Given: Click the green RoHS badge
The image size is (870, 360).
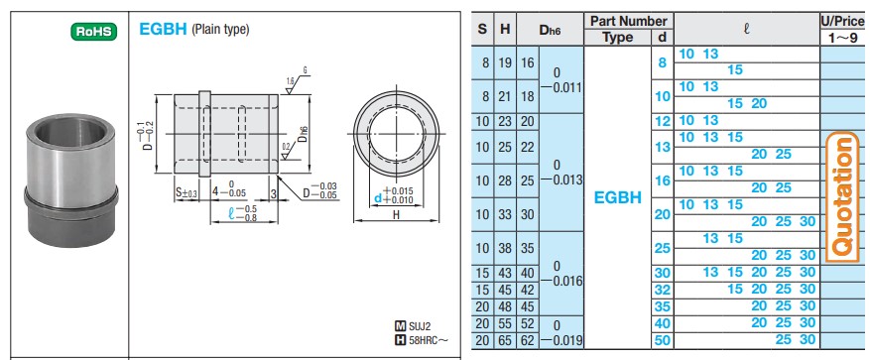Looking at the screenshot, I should click(x=95, y=31).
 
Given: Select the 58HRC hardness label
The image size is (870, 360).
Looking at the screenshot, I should click(x=422, y=342).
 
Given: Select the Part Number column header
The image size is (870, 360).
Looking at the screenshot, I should click(x=628, y=20).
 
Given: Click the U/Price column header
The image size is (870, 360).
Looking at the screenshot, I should click(x=842, y=20).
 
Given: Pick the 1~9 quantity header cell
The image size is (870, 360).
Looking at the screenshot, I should click(x=842, y=37).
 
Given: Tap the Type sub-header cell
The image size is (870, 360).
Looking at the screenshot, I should click(x=617, y=37).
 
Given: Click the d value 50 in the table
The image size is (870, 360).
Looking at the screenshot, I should click(x=662, y=340).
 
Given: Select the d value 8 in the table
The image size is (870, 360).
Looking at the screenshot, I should click(x=662, y=62).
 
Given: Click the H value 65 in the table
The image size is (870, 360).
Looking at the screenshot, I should click(x=505, y=340).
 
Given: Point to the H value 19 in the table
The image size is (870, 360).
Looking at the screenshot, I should click(x=505, y=62).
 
